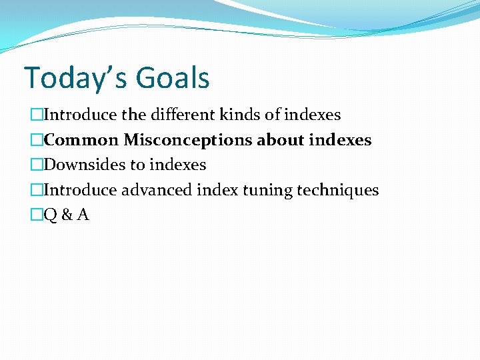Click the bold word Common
[x=81, y=140]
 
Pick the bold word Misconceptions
[x=188, y=140]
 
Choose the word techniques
[x=337, y=190]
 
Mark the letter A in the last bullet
[x=83, y=215]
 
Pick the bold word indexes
[x=340, y=140]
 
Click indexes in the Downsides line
[x=178, y=165]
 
